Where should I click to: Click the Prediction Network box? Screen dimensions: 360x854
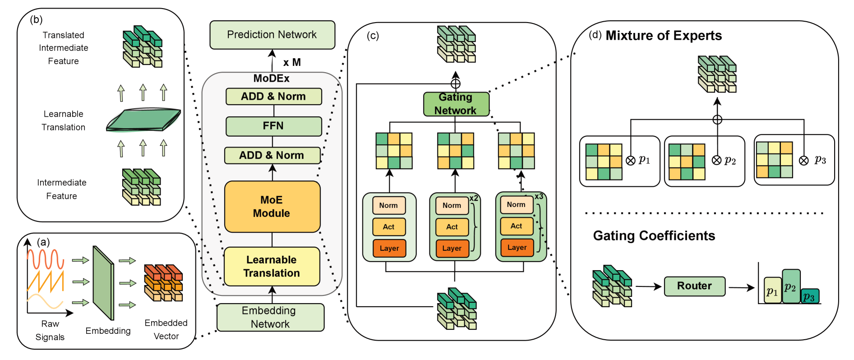point(272,35)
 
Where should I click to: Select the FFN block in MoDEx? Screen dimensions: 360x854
point(273,126)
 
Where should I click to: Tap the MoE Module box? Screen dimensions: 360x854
point(272,207)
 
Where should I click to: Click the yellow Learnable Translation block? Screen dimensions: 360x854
point(272,267)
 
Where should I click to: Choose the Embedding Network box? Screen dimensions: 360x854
point(270,317)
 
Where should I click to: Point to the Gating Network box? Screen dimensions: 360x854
point(456,104)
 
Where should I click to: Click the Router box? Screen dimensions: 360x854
point(694,286)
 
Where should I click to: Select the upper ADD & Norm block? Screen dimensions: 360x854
point(273,97)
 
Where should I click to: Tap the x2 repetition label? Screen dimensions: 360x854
point(474,198)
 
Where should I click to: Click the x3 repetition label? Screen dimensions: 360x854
point(539,197)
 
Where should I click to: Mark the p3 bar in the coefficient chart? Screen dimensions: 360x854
point(810,296)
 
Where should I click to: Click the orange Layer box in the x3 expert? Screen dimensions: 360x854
point(517,247)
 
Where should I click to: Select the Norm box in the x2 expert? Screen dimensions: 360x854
point(452,206)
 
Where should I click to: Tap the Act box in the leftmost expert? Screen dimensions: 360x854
point(389,227)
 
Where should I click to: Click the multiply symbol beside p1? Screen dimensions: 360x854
point(631,161)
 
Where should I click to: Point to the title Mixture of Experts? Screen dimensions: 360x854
point(664,36)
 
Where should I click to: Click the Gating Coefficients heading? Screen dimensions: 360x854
point(654,236)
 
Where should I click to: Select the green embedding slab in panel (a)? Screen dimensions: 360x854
point(103,283)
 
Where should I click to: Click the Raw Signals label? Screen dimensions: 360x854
point(50,330)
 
